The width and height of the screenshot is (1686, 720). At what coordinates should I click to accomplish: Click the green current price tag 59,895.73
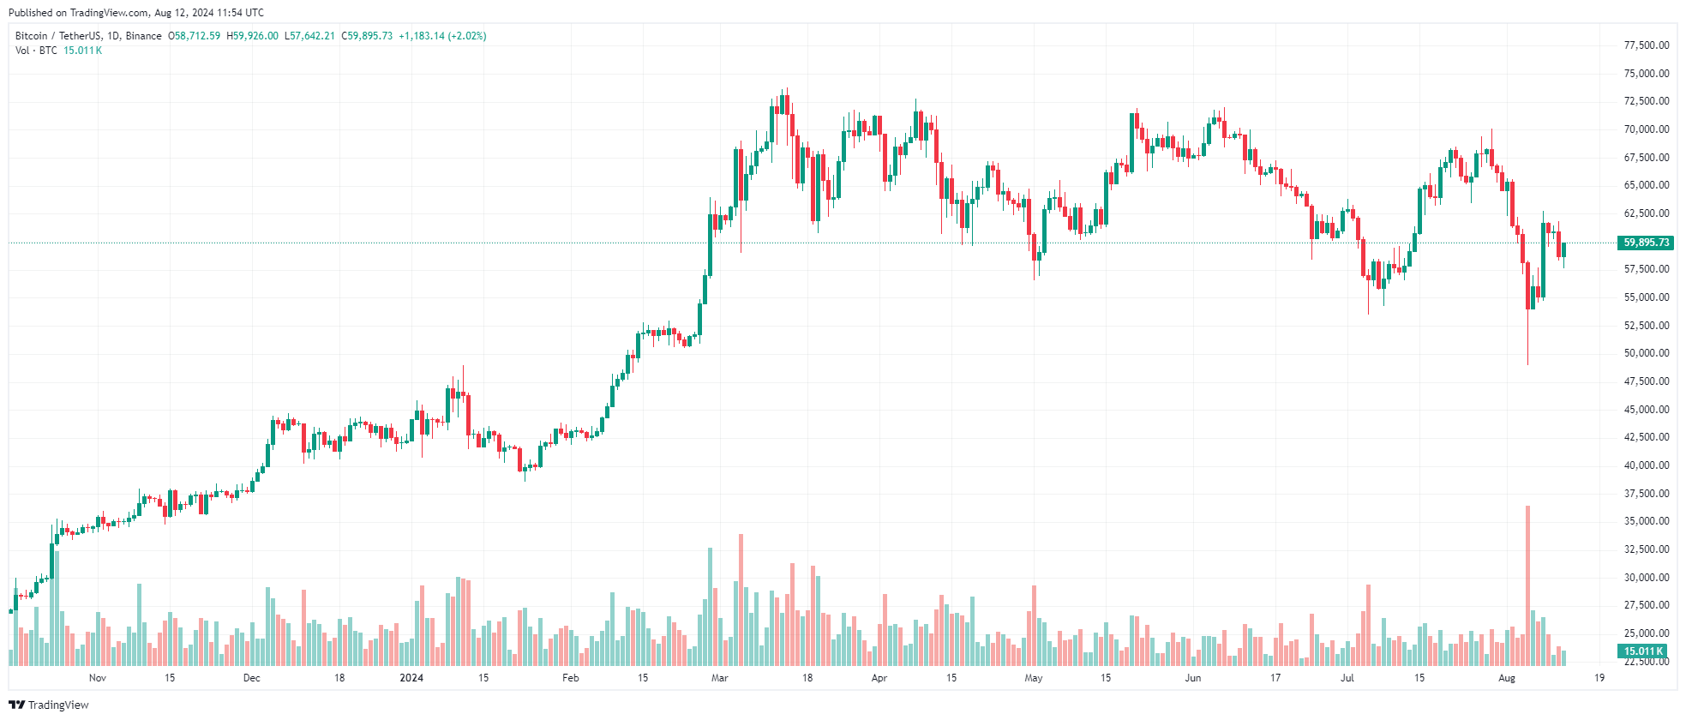pos(1646,243)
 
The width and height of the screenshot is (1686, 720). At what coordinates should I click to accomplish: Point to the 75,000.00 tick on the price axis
pos(1647,74)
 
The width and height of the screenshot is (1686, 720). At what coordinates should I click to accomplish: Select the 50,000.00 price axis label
pos(1647,353)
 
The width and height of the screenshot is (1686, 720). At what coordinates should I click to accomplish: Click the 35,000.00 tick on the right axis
pos(1647,521)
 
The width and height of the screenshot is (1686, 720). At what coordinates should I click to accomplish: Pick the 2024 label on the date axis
pos(411,678)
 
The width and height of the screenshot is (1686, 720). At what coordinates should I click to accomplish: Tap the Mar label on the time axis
pos(720,678)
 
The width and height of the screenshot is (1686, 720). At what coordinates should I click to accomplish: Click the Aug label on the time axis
pos(1507,678)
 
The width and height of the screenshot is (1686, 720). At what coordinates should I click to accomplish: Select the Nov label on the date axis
pos(98,678)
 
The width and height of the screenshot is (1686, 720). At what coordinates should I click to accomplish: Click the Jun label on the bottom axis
pos(1193,678)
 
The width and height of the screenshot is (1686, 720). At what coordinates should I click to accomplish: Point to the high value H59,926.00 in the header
pos(252,36)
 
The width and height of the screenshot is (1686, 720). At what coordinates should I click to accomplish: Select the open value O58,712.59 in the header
pos(194,36)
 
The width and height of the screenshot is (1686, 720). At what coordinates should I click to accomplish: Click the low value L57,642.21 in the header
pos(309,36)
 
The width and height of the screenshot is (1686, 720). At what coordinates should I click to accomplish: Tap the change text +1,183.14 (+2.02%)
pos(442,36)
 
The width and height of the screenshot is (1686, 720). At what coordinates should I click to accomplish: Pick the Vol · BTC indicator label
pos(36,51)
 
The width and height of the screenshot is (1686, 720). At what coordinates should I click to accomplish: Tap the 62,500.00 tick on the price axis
pos(1647,213)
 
